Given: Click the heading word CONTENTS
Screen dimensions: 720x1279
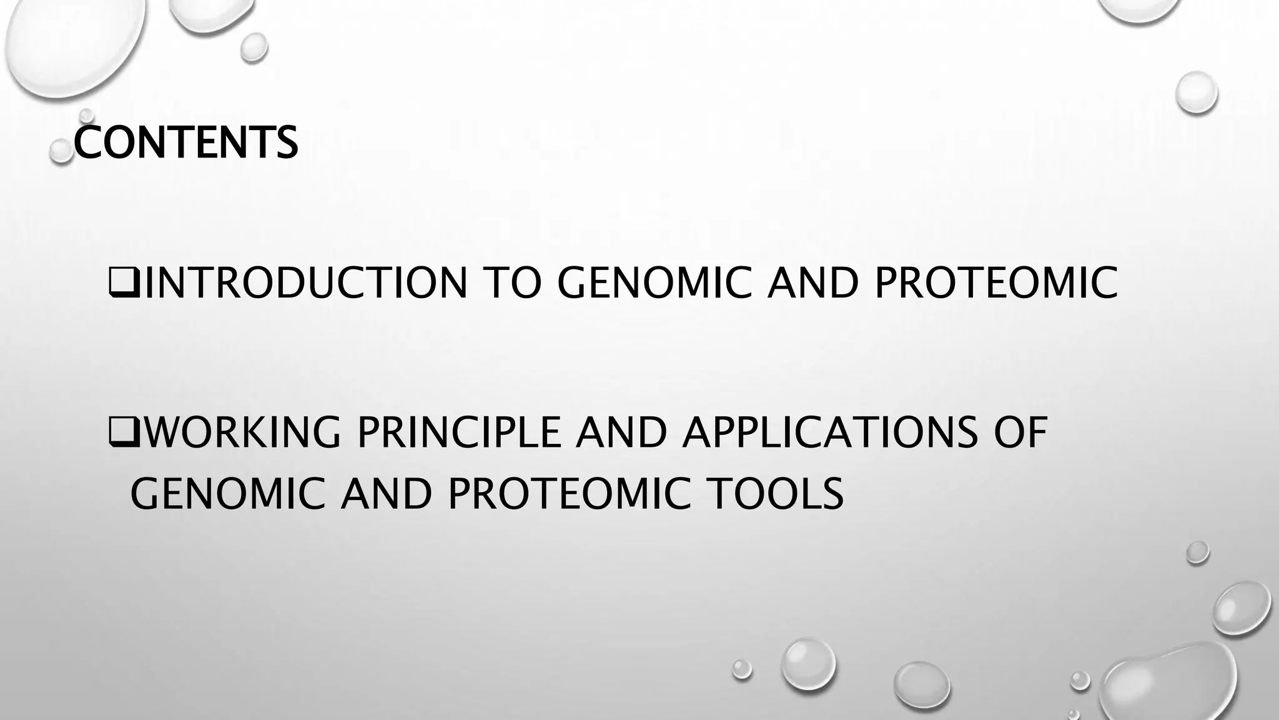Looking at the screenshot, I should pyautogui.click(x=185, y=142).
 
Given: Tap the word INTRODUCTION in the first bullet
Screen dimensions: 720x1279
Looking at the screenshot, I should pyautogui.click(x=306, y=283).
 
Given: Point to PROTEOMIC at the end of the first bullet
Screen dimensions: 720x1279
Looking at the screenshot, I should pyautogui.click(x=995, y=283).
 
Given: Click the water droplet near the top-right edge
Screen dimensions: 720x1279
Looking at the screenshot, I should pyautogui.click(x=1196, y=92).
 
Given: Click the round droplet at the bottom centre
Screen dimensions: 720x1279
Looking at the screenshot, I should pyautogui.click(x=808, y=664).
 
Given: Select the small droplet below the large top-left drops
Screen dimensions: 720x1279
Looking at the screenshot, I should pyautogui.click(x=254, y=47).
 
